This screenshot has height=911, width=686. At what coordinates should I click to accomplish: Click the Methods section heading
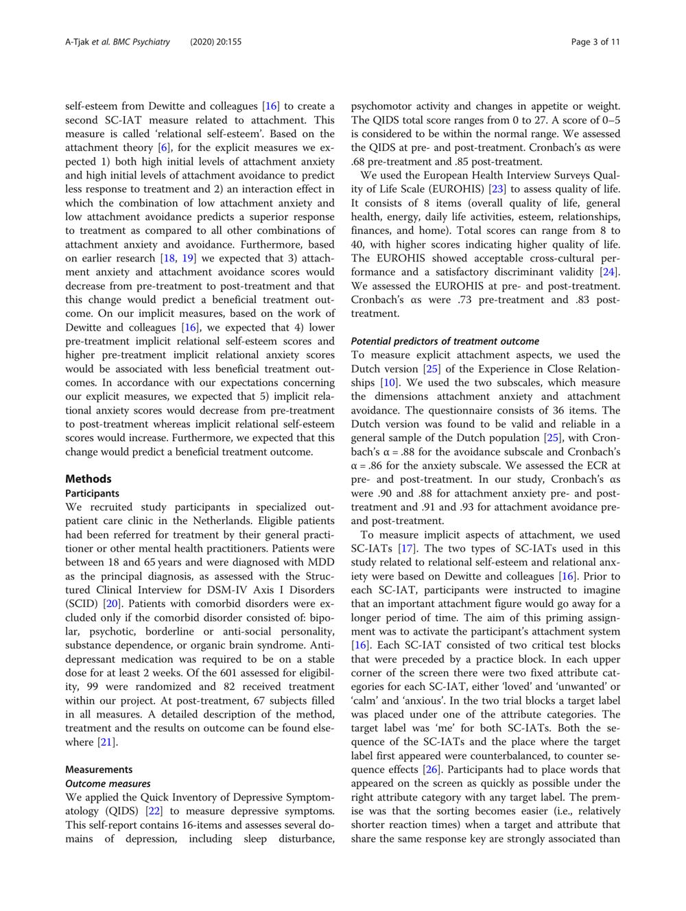click(x=88, y=479)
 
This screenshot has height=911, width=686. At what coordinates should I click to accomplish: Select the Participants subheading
click(x=92, y=493)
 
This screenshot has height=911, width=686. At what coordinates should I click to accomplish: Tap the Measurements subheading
click(x=99, y=769)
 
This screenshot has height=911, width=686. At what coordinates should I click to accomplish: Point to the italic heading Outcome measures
click(x=108, y=783)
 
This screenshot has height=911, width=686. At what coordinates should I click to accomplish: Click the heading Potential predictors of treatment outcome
click(x=445, y=341)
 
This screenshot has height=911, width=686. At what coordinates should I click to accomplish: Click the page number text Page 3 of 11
click(x=595, y=42)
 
